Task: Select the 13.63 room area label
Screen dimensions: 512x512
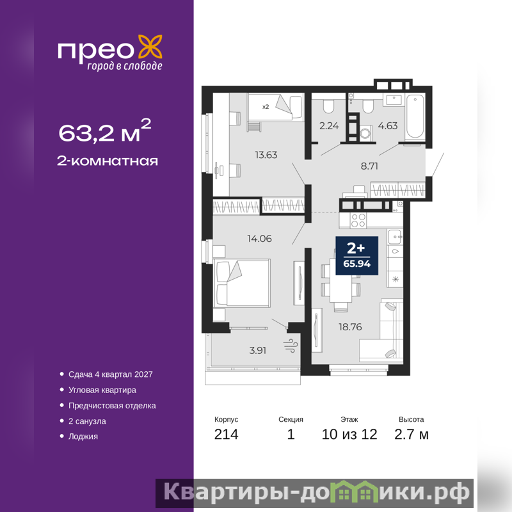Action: click(x=266, y=155)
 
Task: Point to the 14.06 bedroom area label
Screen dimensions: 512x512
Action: click(x=259, y=239)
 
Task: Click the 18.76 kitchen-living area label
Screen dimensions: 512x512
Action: click(x=350, y=327)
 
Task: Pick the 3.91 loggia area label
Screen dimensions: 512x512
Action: click(x=258, y=350)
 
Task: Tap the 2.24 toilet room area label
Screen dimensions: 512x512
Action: click(x=329, y=125)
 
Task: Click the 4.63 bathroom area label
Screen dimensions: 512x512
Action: click(x=388, y=125)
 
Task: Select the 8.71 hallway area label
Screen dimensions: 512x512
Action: click(x=369, y=166)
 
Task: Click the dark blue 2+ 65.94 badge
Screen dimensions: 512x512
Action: click(x=357, y=255)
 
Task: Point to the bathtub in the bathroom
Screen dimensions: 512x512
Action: click(x=415, y=116)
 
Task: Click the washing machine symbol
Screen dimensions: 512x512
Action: click(x=366, y=133)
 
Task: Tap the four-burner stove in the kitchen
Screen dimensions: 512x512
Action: click(x=358, y=220)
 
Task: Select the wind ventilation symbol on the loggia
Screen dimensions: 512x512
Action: click(x=291, y=346)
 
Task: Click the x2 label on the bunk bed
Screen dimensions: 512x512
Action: click(x=266, y=107)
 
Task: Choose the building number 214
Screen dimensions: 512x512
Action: click(x=227, y=435)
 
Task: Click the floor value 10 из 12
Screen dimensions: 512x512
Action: click(x=349, y=435)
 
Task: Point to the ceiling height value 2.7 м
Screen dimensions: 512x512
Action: click(x=411, y=435)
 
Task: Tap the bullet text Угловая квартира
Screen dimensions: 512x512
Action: click(x=102, y=390)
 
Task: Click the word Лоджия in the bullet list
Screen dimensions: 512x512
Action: click(x=83, y=436)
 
